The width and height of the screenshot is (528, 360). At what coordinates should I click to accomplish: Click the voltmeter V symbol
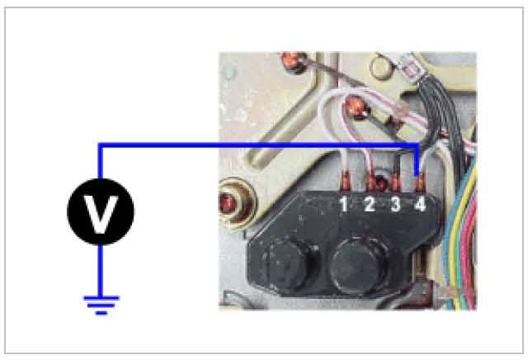coord(100,213)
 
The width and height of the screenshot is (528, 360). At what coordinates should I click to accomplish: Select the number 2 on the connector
coord(370,203)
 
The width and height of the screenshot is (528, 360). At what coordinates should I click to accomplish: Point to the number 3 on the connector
coord(395,203)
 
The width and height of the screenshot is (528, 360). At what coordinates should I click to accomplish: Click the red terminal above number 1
coord(346,177)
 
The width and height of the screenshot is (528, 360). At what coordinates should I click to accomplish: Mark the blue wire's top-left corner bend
coord(101,145)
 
